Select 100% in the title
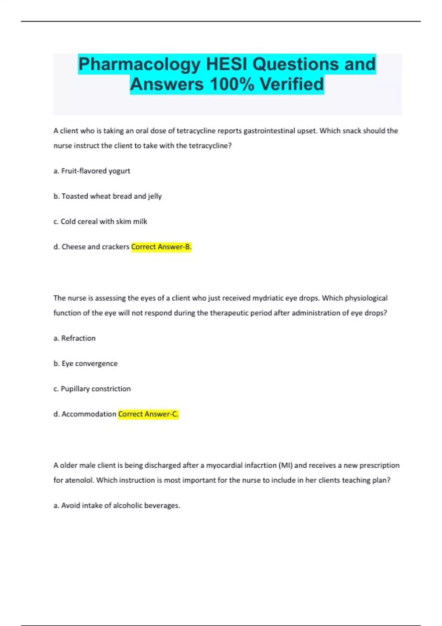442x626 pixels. pos(232,84)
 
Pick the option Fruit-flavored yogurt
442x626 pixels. pos(95,171)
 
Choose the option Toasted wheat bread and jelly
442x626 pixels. pos(111,196)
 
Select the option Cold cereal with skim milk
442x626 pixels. pos(104,222)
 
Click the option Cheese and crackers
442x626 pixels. pos(95,247)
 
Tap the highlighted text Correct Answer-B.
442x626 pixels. pos(161,247)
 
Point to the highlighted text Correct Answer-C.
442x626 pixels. pos(148,414)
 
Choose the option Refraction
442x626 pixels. pos(78,338)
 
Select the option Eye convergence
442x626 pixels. pos(90,364)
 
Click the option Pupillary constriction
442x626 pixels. pos(95,389)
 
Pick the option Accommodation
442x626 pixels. pos(88,414)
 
